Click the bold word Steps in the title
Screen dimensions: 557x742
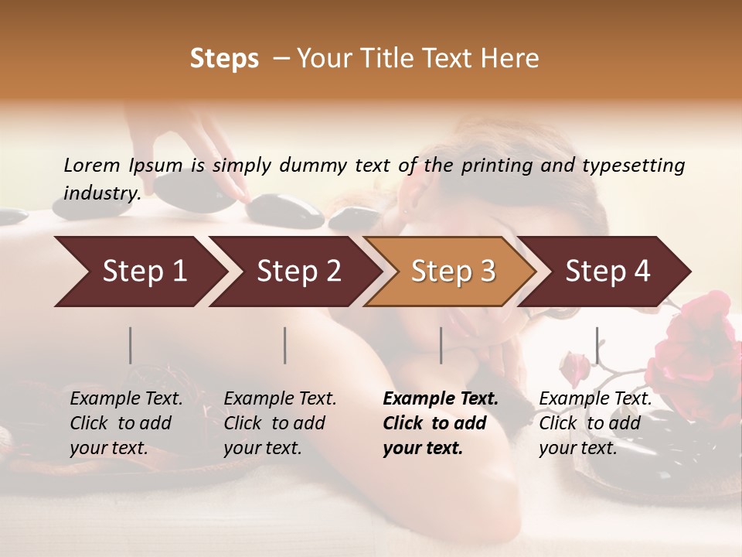click(224, 59)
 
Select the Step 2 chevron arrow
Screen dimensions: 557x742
click(297, 272)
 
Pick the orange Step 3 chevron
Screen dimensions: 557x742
click(451, 272)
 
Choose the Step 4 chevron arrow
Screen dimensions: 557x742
click(607, 272)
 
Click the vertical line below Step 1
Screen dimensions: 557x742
click(131, 345)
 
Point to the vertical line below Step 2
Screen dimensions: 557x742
click(285, 345)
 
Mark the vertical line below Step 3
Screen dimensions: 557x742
click(441, 345)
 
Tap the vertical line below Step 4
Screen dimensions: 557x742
click(597, 345)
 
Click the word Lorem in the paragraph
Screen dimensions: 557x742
click(92, 166)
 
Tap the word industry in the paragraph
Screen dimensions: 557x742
click(101, 193)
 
